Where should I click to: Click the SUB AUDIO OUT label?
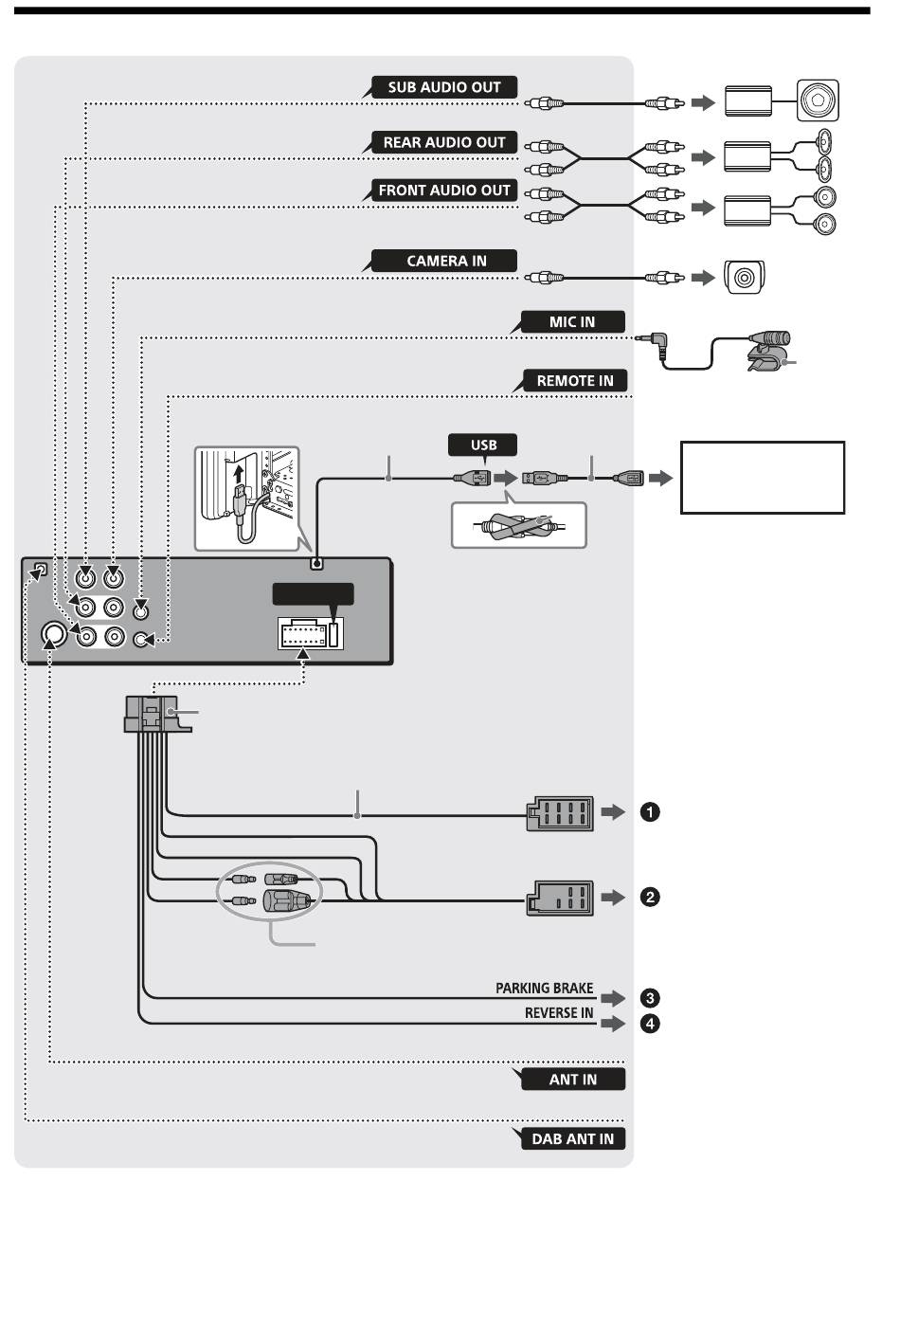tap(443, 87)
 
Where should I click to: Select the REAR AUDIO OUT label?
tap(443, 142)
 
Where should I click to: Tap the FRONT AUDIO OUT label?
tap(443, 190)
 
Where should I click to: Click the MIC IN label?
tap(572, 321)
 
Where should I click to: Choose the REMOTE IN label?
tap(574, 381)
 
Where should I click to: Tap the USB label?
tap(483, 445)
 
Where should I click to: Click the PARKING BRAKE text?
tap(545, 988)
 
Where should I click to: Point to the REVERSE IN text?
tap(559, 1013)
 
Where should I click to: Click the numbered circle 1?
tap(650, 811)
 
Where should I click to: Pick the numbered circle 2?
tap(650, 897)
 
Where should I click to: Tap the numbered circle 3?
tap(650, 998)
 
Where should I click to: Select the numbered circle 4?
tap(650, 1024)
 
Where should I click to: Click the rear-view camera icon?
tap(744, 277)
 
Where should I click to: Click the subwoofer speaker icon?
tap(818, 100)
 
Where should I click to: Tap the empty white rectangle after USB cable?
tap(762, 477)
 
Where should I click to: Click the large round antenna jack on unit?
tap(54, 635)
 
